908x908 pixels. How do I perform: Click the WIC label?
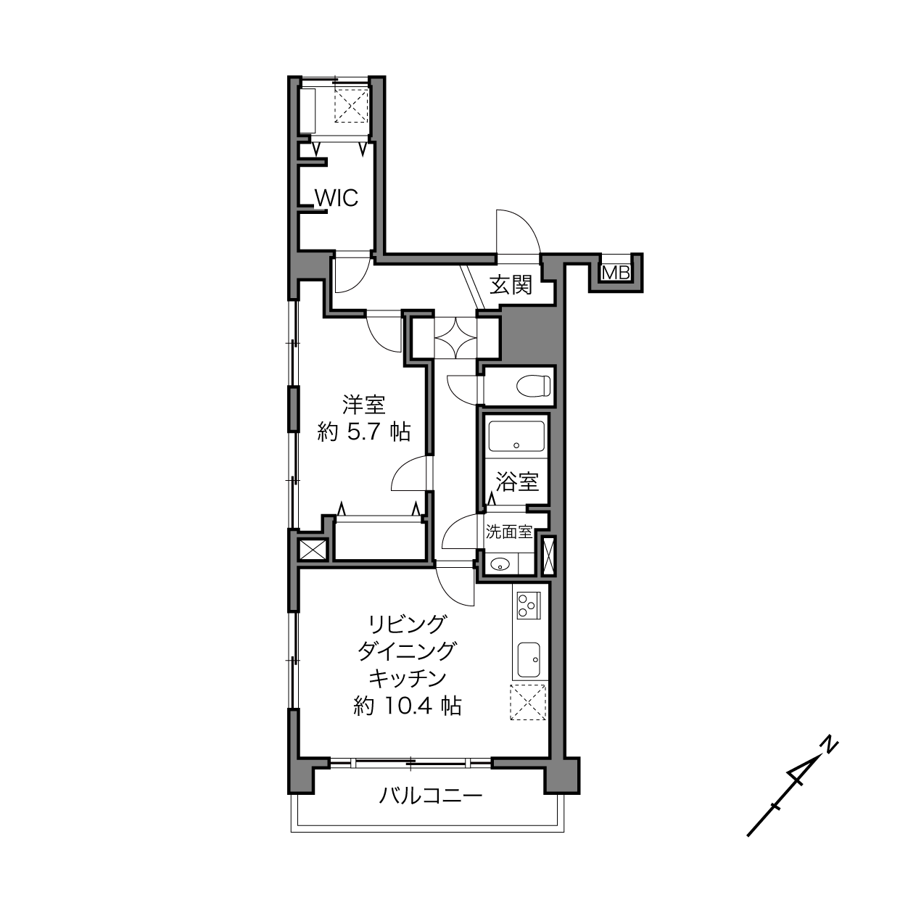click(x=337, y=198)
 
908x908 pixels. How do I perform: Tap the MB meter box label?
click(x=616, y=273)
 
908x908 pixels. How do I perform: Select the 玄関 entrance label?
click(x=511, y=285)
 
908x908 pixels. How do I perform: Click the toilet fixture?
click(x=533, y=387)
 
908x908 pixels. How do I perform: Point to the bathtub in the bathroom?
click(x=516, y=437)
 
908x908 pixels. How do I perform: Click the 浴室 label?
click(x=517, y=482)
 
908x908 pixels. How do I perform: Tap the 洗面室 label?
click(x=509, y=532)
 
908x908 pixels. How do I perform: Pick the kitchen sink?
click(x=529, y=659)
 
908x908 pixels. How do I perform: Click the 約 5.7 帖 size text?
click(x=364, y=432)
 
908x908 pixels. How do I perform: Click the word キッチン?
click(x=408, y=679)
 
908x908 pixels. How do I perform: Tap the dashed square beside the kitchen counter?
click(x=529, y=702)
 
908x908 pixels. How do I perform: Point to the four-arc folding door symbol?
click(x=455, y=338)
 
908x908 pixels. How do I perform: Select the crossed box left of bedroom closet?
click(x=313, y=550)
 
